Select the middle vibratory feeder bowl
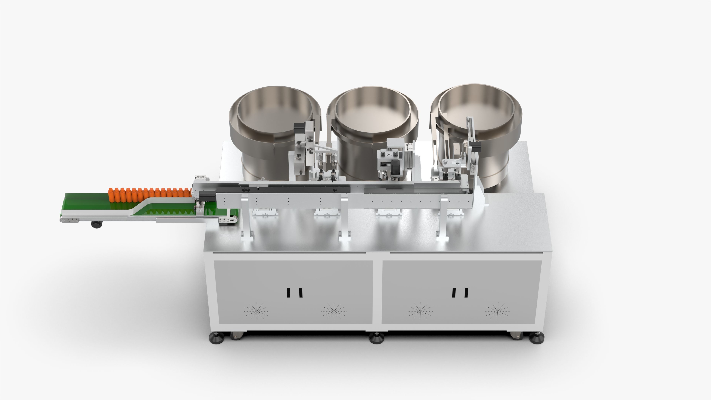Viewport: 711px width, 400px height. coord(373,121)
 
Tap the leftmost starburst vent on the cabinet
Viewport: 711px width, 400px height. coord(257,311)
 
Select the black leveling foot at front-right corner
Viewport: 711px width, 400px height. coord(537,338)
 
